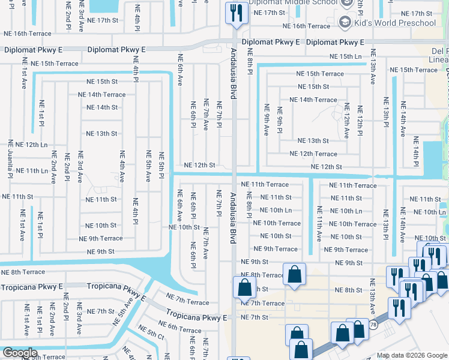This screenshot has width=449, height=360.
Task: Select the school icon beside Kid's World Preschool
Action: click(345, 23)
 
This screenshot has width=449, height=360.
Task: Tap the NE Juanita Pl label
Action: click(10, 163)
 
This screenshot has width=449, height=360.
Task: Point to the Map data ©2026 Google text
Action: click(411, 355)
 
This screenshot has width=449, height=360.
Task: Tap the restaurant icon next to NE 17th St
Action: click(235, 13)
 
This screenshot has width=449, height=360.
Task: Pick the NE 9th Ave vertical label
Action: click(267, 119)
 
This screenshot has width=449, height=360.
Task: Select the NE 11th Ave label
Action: click(319, 223)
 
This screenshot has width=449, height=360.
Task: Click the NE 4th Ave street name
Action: click(122, 166)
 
